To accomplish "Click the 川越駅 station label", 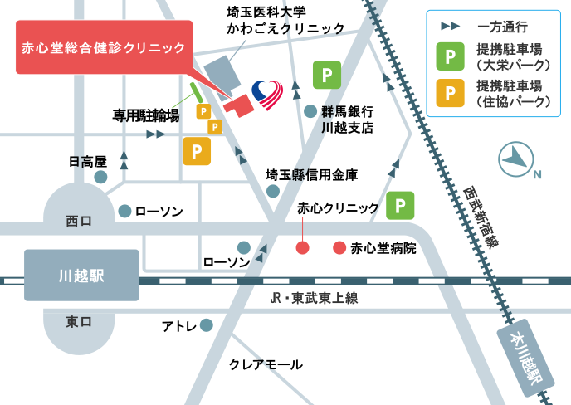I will click(81, 276).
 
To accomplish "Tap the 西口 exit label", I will click(79, 221).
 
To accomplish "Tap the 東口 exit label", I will click(79, 322).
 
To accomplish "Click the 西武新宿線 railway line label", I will click(481, 217).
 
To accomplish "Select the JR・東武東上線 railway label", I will click(314, 298).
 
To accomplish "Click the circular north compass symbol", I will click(515, 159).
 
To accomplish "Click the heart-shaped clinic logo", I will click(267, 95).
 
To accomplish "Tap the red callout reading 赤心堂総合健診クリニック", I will click(104, 47).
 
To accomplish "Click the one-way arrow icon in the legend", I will click(450, 27).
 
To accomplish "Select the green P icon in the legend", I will click(450, 56).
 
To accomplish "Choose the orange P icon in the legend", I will click(450, 93).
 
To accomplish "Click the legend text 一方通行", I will click(503, 27).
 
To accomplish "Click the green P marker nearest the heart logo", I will click(326, 75).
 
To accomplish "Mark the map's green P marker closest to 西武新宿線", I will click(400, 205).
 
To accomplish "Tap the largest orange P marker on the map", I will click(197, 152).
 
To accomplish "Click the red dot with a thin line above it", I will click(302, 247).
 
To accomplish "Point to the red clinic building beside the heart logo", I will click(239, 105).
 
